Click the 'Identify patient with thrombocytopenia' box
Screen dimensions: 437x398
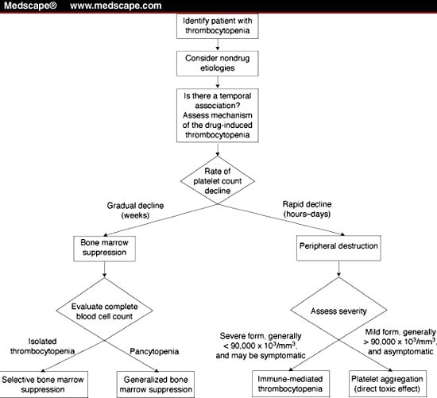coord(218,26)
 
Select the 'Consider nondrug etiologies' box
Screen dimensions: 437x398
coord(218,64)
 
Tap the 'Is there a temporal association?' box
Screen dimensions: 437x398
coord(218,115)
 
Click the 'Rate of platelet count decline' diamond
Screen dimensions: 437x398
coord(218,180)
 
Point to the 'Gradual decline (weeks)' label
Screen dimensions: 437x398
coord(135,211)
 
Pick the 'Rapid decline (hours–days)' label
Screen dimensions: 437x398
coord(307,209)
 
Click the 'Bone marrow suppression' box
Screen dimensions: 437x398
coord(105,249)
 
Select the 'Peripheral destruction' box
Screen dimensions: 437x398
coord(338,248)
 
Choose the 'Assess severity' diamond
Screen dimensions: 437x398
coord(338,311)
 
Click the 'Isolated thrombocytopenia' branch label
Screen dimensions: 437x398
coord(42,346)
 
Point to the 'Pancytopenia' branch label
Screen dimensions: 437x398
coord(154,351)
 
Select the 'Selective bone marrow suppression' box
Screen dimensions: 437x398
coord(43,384)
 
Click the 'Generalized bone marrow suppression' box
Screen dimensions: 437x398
coord(156,384)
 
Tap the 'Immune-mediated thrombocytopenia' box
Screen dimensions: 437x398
coord(290,384)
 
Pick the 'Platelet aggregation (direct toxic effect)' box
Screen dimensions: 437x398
coord(388,384)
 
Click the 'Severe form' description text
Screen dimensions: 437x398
coord(261,346)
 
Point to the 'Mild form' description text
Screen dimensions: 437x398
coord(400,342)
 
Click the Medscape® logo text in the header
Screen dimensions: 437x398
coord(30,6)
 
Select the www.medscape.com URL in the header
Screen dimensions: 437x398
coord(116,6)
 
